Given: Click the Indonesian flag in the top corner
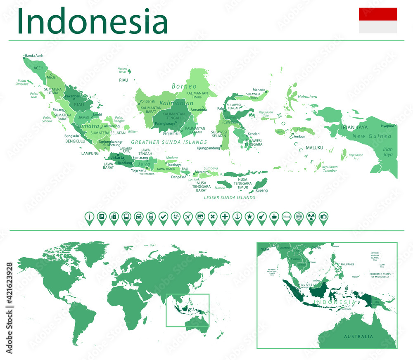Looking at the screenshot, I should point(378,20).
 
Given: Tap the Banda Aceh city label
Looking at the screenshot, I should point(34,56).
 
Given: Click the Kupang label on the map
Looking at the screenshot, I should point(261,190).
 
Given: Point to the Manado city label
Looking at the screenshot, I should point(259,90).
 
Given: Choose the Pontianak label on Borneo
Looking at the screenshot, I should point(147,102).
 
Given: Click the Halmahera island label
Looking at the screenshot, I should point(307,97).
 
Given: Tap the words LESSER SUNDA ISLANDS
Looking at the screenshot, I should point(230,198).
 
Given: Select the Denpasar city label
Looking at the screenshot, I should point(179,177).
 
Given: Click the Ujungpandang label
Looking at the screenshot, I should point(208,148).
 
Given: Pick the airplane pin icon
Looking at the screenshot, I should point(188,216).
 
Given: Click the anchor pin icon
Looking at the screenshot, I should point(237,216).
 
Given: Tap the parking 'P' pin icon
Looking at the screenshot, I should point(102,216).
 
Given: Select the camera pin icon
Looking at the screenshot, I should point(324,216).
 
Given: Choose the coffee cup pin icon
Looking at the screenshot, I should point(274,216).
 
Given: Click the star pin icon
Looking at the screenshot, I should point(249,216).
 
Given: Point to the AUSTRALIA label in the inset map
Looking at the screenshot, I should point(358,336).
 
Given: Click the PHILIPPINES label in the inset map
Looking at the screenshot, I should point(347,264).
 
